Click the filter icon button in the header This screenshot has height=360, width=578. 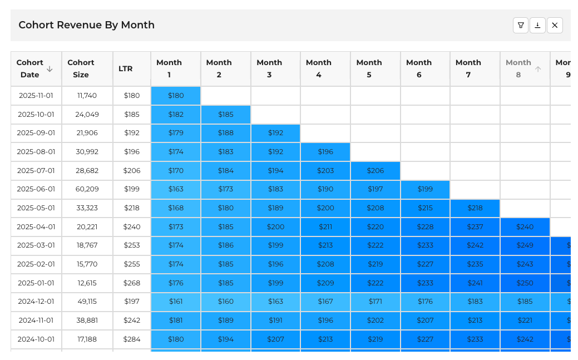521,25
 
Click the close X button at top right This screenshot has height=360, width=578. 555,25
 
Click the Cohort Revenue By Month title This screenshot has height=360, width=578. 86,25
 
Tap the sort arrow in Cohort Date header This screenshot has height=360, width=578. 50,69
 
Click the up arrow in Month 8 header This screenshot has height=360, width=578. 538,69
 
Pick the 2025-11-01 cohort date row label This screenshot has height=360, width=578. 36,96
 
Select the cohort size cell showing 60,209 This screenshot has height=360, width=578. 87,189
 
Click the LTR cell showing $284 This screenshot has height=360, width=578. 131,339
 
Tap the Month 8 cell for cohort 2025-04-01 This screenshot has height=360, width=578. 525,227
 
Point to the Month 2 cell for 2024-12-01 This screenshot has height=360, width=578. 225,302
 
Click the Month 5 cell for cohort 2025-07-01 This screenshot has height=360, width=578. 375,171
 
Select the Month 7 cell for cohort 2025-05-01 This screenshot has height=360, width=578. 475,208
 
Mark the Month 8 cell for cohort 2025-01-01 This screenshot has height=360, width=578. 525,283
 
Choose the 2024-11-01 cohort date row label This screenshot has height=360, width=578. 36,320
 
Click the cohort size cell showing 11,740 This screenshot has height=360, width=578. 87,96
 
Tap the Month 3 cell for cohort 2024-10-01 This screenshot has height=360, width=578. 275,339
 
